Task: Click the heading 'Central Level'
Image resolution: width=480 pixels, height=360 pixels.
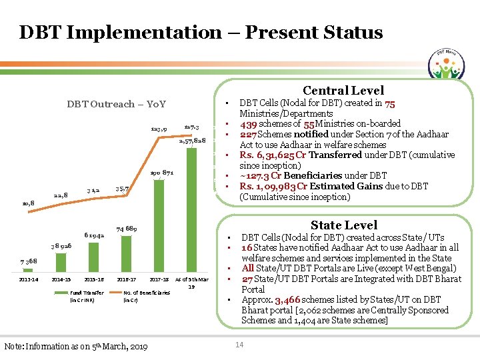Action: tap(343, 91)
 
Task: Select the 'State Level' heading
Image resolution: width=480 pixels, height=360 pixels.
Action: tap(344, 225)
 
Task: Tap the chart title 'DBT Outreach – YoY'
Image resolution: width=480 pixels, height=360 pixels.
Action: tap(116, 104)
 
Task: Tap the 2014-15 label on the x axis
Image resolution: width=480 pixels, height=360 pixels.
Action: tap(62, 279)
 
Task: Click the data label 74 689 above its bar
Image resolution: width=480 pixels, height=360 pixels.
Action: tap(128, 229)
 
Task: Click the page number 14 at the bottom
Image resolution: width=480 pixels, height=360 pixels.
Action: tap(239, 344)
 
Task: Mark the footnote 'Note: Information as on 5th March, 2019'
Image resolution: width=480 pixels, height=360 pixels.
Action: tap(75, 346)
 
